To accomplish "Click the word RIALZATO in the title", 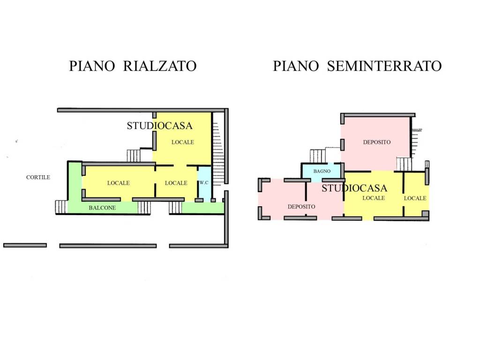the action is click(x=160, y=66).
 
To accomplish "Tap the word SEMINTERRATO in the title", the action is click(x=384, y=66).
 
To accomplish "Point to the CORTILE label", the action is click(x=38, y=177).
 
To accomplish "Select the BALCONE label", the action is click(x=102, y=208).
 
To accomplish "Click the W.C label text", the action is click(x=204, y=183).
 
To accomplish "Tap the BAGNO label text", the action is click(x=322, y=171).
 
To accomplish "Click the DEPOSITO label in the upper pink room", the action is click(x=377, y=142).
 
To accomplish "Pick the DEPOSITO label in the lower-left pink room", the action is click(x=301, y=207).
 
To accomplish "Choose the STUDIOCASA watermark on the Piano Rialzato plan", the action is click(x=159, y=126).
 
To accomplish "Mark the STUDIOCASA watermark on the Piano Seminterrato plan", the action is click(x=354, y=188).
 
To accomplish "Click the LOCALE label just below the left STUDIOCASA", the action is click(x=183, y=142).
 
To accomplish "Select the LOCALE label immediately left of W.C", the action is click(x=176, y=183).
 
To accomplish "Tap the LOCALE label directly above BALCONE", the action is click(x=119, y=183).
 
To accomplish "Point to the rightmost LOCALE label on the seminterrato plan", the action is click(x=415, y=198).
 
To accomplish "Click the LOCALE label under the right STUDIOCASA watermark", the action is click(x=374, y=198).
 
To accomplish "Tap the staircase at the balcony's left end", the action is click(x=61, y=207).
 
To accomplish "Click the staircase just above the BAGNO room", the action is click(x=317, y=156).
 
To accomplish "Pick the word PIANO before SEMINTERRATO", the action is click(x=296, y=66).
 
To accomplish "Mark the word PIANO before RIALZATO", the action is click(x=92, y=66).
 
